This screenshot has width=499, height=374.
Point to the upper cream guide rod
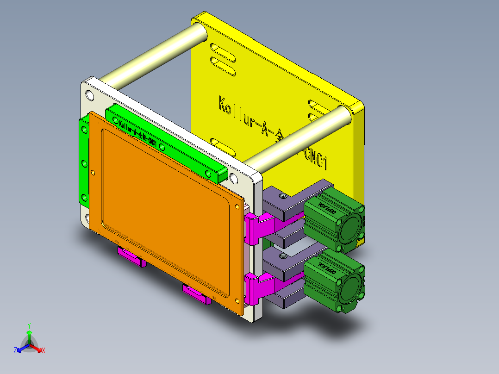[150, 53]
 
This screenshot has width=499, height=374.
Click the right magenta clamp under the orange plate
[197, 294]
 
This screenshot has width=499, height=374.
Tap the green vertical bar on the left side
[84, 162]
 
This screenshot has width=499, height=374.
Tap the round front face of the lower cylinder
[353, 288]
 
